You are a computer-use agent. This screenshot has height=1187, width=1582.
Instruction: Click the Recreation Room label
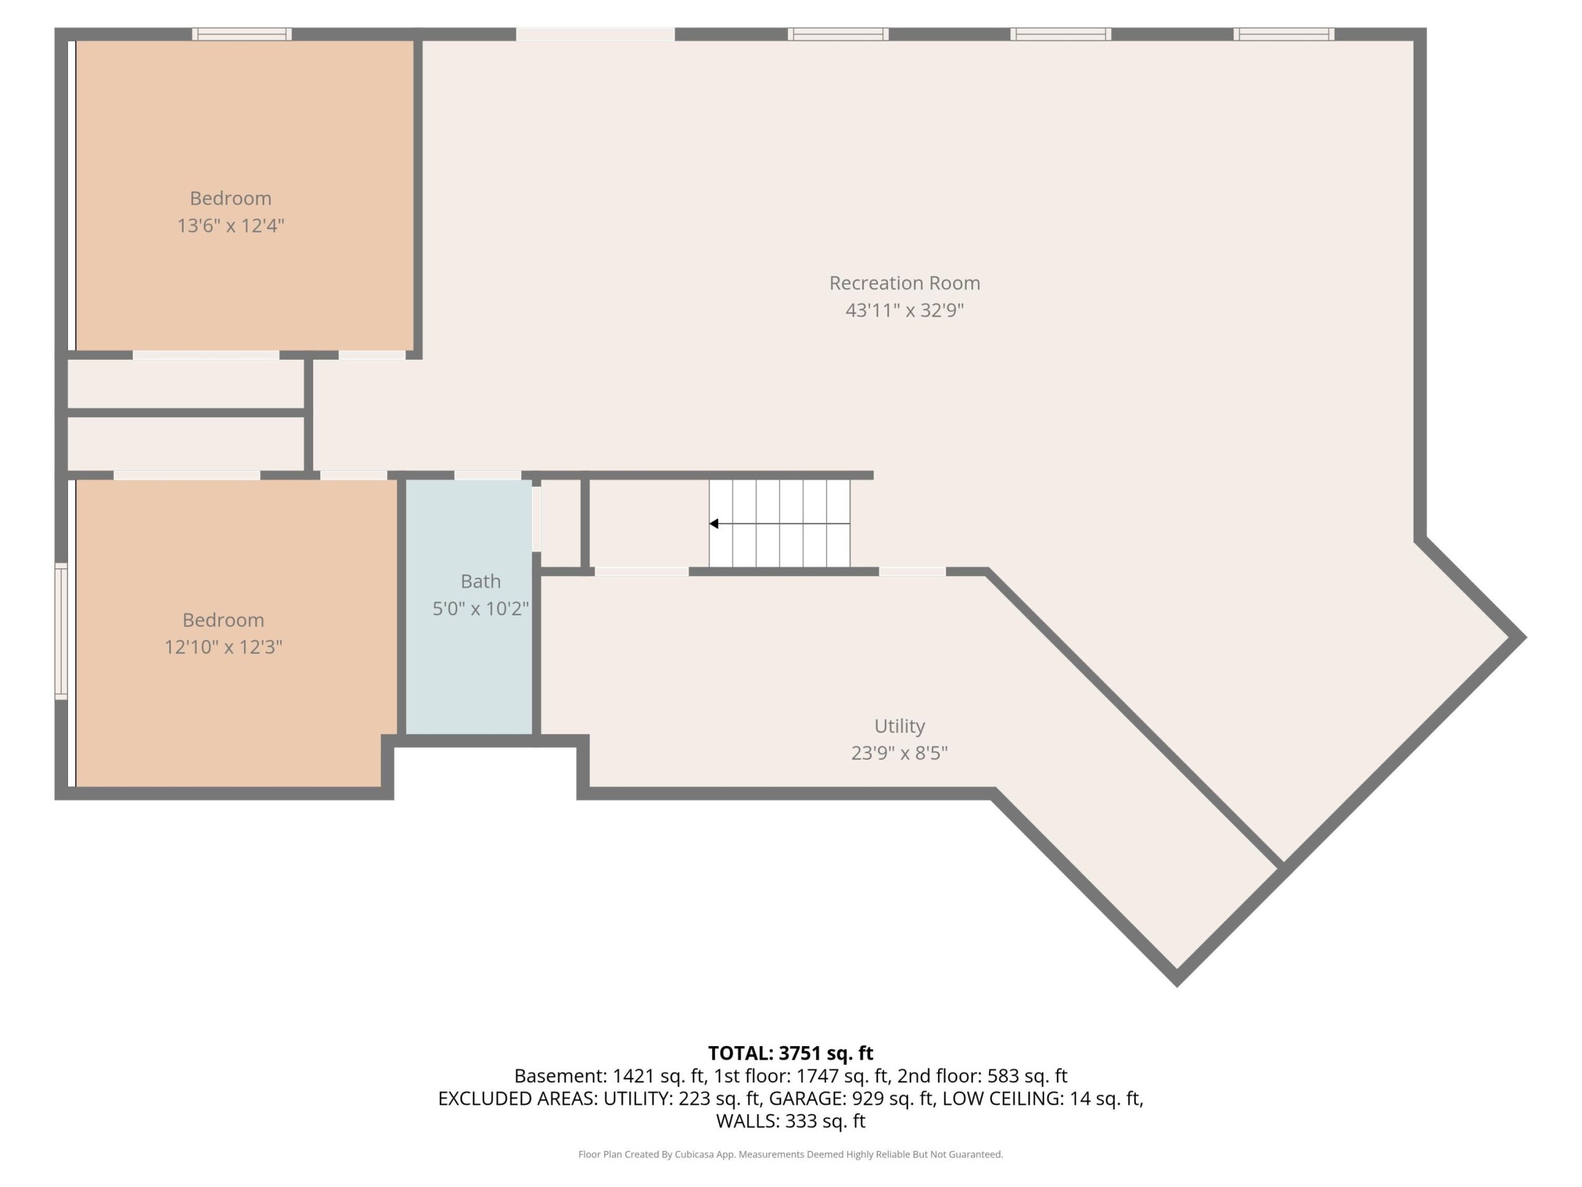pos(905,283)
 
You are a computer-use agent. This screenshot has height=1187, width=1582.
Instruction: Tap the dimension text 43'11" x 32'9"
pos(905,310)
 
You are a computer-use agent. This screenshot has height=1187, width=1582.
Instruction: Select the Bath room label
pos(481,581)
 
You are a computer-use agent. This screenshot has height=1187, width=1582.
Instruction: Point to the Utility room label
pos(900,726)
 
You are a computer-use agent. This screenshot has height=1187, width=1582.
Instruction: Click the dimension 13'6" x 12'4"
pos(231,226)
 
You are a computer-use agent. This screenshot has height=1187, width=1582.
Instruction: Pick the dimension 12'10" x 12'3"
pos(223,647)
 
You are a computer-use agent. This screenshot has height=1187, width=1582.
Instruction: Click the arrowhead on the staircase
pos(714,524)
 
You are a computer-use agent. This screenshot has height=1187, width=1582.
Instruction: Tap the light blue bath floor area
pos(468,665)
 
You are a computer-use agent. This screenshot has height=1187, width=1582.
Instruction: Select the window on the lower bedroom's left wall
pos(62,631)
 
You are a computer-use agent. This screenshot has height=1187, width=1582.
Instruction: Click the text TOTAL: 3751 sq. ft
pos(790,1053)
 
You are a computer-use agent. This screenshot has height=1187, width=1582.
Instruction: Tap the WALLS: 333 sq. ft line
pos(790,1121)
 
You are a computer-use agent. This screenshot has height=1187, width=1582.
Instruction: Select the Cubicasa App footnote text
pos(790,1154)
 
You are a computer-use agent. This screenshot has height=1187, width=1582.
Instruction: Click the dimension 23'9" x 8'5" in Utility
pos(900,754)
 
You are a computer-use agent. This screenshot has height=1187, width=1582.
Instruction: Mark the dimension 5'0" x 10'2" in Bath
pos(481,609)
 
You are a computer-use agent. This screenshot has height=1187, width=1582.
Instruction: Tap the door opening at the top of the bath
pos(488,475)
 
